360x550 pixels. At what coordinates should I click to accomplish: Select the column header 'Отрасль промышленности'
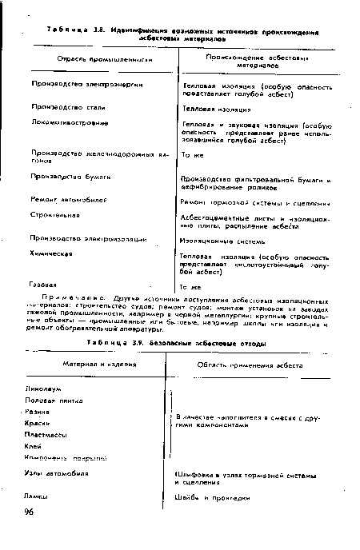pos(93,60)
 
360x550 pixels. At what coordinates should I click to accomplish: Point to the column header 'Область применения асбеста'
pos(248,365)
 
